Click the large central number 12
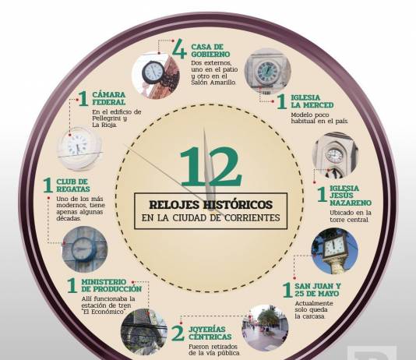point(211,166)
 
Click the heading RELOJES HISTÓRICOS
point(211,204)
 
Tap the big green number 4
point(180,48)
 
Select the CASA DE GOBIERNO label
point(210,51)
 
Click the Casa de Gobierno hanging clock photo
point(156,76)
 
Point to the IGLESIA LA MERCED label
point(312,101)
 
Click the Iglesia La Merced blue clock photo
point(268,72)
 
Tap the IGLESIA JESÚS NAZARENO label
point(351,196)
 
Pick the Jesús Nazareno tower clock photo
point(335,155)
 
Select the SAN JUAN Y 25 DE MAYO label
point(318,290)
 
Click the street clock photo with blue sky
point(335,251)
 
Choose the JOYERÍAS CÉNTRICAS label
point(210,334)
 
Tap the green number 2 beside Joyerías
point(178,333)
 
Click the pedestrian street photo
point(265,328)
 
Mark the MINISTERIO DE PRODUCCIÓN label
point(111,285)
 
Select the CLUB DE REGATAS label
point(73,185)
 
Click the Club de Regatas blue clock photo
point(85,249)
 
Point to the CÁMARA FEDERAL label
point(109,98)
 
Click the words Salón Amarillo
point(213,83)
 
